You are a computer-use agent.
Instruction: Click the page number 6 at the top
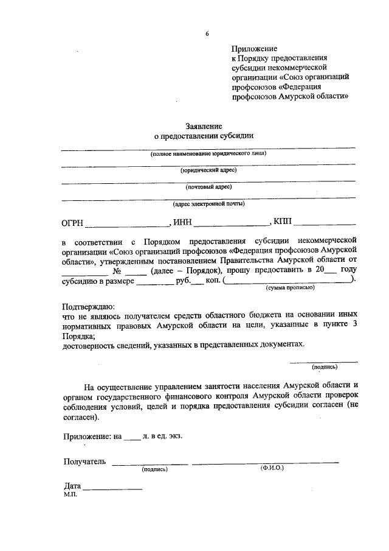207,33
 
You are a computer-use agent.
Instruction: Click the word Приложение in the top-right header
254,48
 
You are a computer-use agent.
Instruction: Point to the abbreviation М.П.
71,496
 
